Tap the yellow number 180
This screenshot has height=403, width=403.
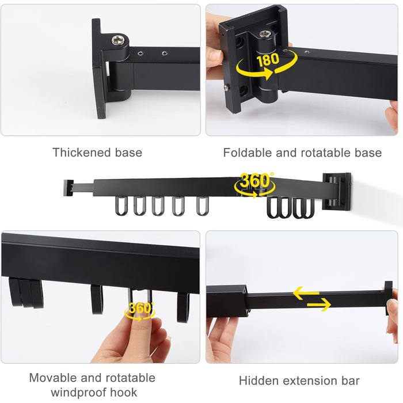(268, 60)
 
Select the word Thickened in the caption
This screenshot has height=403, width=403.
(82, 152)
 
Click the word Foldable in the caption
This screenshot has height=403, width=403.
(248, 153)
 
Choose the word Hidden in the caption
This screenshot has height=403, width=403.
(256, 381)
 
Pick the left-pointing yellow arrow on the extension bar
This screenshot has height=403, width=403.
(306, 293)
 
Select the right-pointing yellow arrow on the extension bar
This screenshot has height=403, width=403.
(319, 305)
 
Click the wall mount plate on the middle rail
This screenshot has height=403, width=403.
(337, 192)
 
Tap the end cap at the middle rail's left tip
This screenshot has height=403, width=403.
(69, 188)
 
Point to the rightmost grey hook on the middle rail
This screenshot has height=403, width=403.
(203, 206)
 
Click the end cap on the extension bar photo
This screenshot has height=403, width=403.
(389, 298)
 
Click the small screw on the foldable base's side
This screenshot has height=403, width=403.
(226, 88)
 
